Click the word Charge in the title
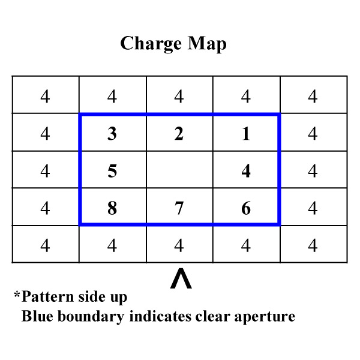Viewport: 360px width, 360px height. pos(151,44)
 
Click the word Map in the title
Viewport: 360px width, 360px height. pos(207,44)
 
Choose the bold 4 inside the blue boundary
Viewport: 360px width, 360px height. pos(246,171)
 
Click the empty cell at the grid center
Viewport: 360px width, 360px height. pos(179,170)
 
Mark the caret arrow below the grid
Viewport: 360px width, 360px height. pos(181,278)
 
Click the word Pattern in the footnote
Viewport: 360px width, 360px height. pos(48,296)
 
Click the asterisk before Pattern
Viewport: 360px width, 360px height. pos(17,294)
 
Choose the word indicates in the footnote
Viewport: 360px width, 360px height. pos(160,316)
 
